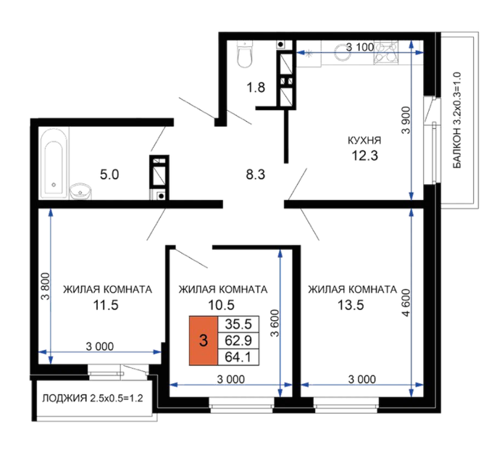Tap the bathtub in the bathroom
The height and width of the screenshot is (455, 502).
(x=54, y=163)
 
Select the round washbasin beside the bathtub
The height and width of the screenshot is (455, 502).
(x=80, y=191)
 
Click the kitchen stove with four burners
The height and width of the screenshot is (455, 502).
(x=386, y=52)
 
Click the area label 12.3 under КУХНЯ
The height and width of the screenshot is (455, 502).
(x=364, y=156)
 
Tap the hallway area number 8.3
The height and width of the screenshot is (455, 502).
(x=256, y=175)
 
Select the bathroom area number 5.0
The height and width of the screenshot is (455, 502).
(x=109, y=175)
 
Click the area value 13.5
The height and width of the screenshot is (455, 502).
(x=351, y=305)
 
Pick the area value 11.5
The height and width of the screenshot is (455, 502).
(x=106, y=305)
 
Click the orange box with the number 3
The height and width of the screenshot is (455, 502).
(x=204, y=341)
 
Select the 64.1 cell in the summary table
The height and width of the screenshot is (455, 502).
(x=238, y=357)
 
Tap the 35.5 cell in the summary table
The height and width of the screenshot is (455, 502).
(x=238, y=324)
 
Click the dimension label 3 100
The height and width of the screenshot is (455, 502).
(x=360, y=47)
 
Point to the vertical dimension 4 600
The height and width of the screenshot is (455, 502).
(x=406, y=303)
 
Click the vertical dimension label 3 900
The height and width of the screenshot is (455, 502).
(x=406, y=120)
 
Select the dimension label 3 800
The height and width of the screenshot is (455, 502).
(x=46, y=286)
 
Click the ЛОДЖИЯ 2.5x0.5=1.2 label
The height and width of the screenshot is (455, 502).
(x=93, y=398)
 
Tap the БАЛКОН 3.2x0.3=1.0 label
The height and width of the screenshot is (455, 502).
(x=457, y=120)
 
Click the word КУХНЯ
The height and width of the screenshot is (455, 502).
(x=364, y=141)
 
